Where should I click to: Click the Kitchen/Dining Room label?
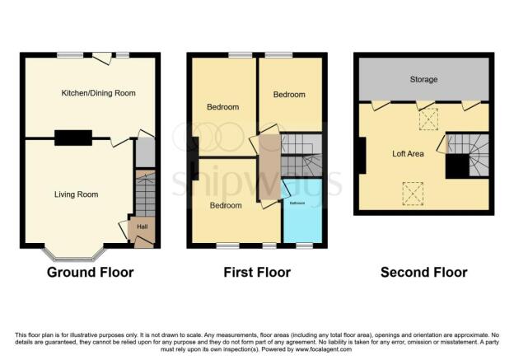[98, 93]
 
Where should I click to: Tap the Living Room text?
[76, 194]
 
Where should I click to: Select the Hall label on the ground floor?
[142, 226]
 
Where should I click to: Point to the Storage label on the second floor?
[423, 80]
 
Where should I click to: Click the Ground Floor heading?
[90, 272]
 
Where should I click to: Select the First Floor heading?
[257, 272]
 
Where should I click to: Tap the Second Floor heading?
[423, 272]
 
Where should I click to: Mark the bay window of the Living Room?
[74, 252]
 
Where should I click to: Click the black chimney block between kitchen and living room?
[73, 138]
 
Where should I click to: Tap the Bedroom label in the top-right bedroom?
[289, 95]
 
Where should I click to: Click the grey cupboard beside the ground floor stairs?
[145, 153]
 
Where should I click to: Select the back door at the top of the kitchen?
[103, 57]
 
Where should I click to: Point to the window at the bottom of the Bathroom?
[304, 245]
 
